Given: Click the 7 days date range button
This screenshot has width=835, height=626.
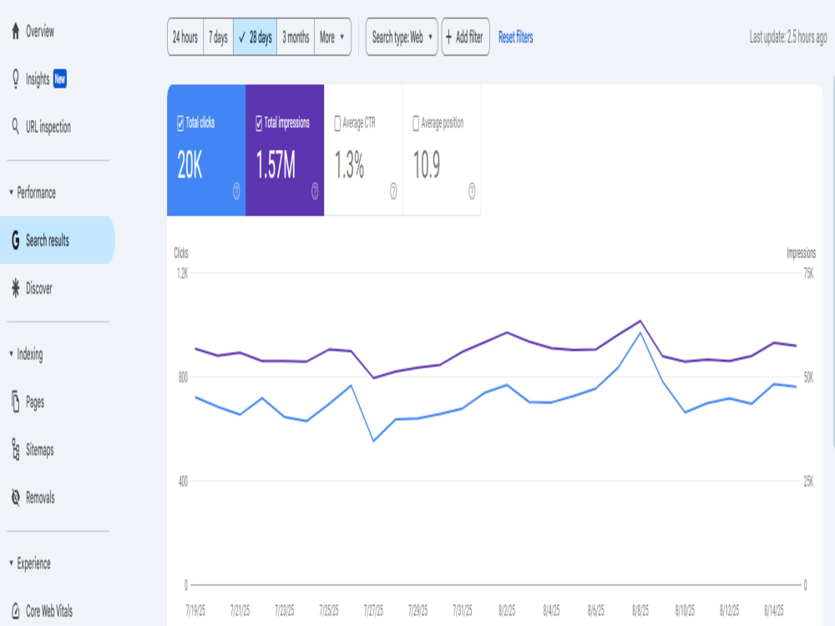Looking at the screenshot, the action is coord(218,37).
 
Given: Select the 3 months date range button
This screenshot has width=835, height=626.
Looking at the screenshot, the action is coord(296,37).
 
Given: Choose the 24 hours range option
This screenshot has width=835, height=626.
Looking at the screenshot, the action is coord(185,37).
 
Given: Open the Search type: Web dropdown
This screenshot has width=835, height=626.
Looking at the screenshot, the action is coord(402,37).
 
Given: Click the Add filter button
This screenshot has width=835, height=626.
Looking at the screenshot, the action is coord(465,37).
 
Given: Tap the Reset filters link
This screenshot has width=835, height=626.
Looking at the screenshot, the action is coord(515,38).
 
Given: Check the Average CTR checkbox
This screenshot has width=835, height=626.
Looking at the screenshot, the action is coord(337,123).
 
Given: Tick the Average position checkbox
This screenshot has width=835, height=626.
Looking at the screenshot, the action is coord(416,123).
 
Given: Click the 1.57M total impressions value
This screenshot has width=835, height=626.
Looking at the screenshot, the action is coord(276,164).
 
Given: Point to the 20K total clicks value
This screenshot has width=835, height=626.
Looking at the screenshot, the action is coord(190,164).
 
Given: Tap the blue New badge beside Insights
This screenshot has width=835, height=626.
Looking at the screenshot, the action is coord(60,78).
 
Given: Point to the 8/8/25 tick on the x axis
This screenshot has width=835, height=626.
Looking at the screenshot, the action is coord(640,610).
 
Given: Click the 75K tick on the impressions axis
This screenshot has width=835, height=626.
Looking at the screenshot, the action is coord(808,274).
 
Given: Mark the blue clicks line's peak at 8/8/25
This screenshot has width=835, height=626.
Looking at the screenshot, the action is coord(640,333).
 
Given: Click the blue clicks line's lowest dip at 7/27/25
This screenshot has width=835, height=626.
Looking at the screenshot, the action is coord(374,441).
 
